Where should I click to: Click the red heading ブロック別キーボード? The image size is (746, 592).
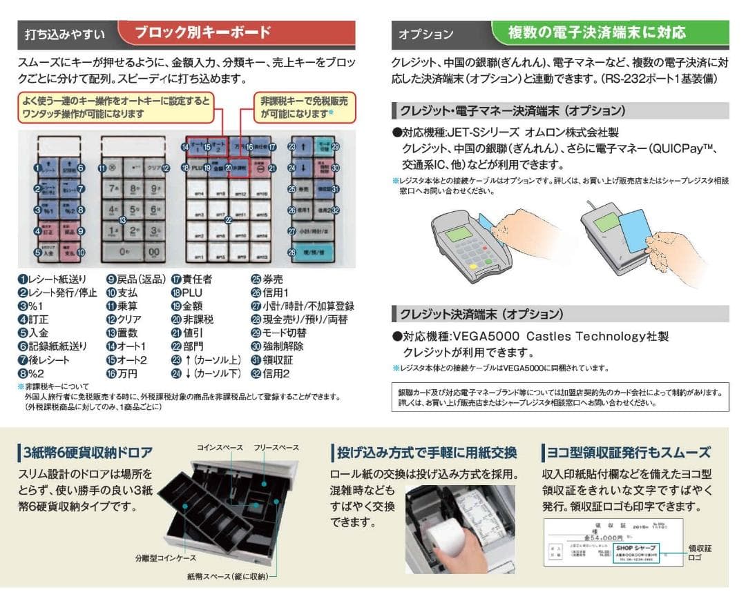coord(202,32)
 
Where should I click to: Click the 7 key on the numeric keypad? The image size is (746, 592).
coord(113,188)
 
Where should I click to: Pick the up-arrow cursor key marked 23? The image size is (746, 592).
coord(303,148)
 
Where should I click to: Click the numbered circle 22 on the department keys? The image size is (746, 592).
coord(229,220)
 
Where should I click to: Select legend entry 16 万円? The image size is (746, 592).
coord(122,373)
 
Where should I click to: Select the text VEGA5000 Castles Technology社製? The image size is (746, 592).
coord(559,337)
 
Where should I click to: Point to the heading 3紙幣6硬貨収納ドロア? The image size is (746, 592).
coord(88,453)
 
